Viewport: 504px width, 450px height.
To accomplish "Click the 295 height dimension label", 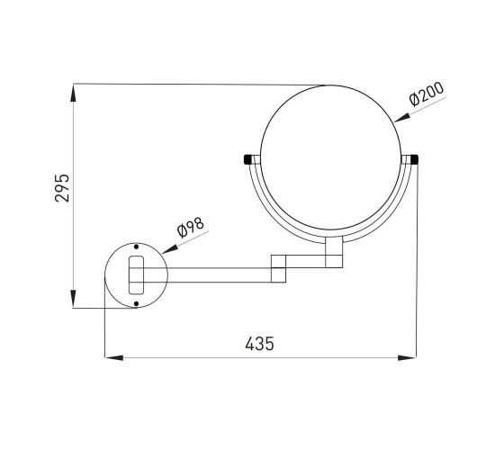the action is pos(62,188).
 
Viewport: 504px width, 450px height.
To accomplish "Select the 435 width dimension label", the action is pos(259,344).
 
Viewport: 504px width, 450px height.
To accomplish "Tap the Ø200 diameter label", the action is pos(427,94).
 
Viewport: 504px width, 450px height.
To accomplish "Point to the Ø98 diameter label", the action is pos(191,228).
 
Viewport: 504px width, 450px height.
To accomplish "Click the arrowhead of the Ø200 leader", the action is pos(401,118).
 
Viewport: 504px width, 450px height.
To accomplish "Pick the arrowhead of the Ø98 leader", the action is pos(170,249).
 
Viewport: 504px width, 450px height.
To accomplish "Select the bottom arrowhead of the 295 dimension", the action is pos(74,299).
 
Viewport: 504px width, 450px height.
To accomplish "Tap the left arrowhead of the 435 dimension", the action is pos(114,358).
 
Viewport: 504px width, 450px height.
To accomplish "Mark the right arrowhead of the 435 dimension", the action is pos(407,358).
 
